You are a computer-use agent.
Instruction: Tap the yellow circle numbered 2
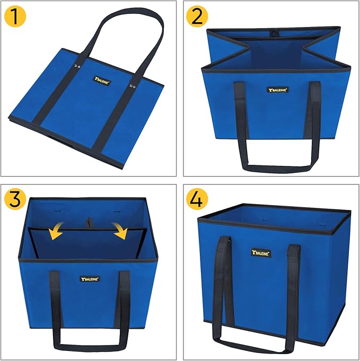pyautogui.click(x=197, y=17)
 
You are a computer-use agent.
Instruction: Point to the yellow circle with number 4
pyautogui.click(x=197, y=199)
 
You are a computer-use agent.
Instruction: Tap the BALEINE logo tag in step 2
pyautogui.click(x=276, y=90)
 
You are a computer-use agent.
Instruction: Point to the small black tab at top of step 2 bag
pyautogui.click(x=274, y=32)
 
